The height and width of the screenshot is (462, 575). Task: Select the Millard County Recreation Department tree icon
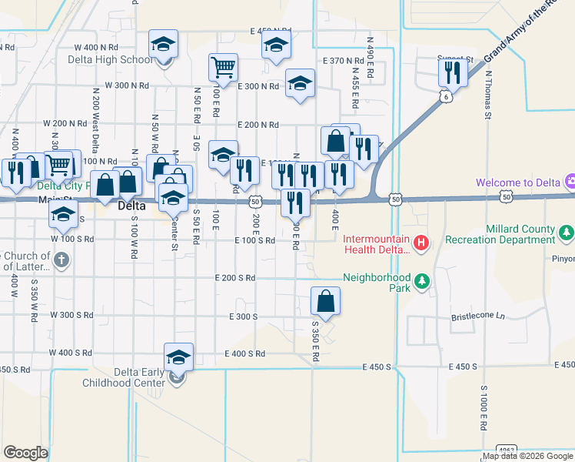tap(567, 230)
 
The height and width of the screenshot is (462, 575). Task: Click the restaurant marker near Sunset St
tap(451, 72)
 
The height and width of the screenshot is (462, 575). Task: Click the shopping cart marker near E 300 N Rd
tap(222, 67)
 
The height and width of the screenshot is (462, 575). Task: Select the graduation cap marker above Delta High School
tap(163, 45)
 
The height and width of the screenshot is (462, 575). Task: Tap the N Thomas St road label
tap(487, 95)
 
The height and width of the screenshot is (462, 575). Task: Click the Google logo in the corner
tap(25, 453)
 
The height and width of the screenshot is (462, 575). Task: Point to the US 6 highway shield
tap(446, 96)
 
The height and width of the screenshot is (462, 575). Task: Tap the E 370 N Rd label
tap(343, 60)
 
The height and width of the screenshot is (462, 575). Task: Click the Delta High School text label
tap(110, 60)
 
